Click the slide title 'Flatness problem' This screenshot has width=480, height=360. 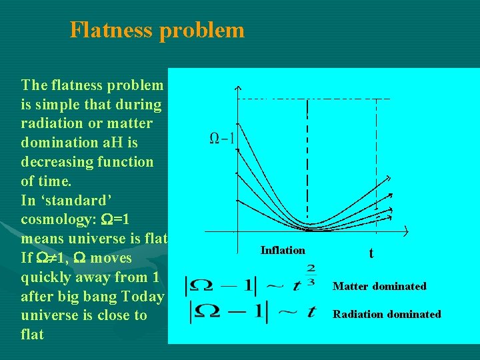[x=157, y=30]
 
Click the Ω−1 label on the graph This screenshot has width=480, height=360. [x=222, y=139]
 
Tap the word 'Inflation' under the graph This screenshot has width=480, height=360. [x=283, y=250]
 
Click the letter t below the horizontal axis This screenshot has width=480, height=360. [x=371, y=253]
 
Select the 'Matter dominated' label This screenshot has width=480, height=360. [x=379, y=286]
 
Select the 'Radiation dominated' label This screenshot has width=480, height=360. [x=387, y=314]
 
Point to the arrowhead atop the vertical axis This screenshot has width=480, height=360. [x=238, y=90]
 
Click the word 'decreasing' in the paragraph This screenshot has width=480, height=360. [x=55, y=162]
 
